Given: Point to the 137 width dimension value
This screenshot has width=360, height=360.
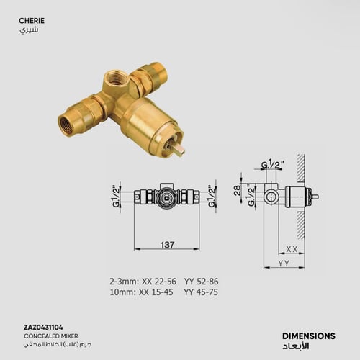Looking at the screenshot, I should coord(167,245).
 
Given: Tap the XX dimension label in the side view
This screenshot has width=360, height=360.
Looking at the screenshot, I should coord(292,248).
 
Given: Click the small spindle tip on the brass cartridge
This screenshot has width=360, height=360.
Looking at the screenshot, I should coord(177,150).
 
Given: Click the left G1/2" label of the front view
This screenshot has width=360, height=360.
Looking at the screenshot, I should coord(115,197).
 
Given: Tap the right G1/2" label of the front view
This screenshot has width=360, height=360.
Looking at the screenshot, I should coord(212,197).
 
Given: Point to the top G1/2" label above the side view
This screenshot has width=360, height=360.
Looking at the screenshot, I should coord(271,164).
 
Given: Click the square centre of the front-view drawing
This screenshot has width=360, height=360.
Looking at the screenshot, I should coord(167,196).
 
